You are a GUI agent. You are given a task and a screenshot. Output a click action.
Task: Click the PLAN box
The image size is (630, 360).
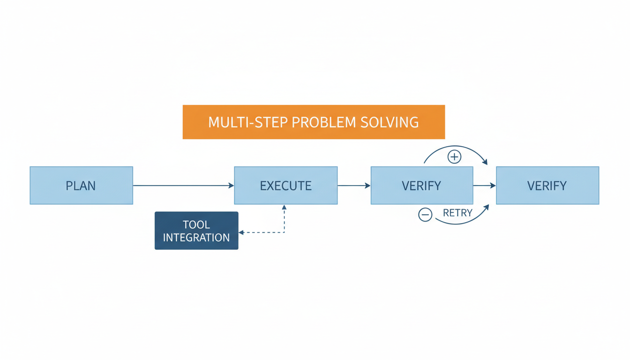point(81,186)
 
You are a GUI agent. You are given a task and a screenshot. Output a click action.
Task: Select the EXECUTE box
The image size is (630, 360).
point(285,186)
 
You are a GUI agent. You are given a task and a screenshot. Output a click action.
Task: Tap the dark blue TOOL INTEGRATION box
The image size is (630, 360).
point(196,231)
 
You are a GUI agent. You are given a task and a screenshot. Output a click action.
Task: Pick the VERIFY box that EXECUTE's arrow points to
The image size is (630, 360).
point(421,186)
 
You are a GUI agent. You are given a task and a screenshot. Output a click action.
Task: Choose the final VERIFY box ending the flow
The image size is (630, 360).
point(547,186)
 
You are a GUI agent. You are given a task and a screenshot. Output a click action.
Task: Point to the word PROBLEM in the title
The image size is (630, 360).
point(324,122)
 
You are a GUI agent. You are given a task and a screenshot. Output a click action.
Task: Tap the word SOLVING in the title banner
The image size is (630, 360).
point(390,122)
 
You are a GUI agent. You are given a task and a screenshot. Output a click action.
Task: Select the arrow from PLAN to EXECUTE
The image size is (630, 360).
point(183,186)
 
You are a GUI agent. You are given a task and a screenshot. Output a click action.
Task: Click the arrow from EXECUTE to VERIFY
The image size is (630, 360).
point(353,186)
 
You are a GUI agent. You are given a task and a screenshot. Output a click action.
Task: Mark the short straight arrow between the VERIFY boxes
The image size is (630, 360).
point(484,186)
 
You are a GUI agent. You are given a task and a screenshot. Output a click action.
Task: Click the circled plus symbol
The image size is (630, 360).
point(454,157)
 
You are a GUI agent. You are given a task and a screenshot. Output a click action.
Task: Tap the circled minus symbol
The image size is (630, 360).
point(425,215)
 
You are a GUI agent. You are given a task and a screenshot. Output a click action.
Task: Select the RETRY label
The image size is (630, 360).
point(457,213)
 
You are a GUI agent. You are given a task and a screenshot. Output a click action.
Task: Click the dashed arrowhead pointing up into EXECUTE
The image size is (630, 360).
point(284,207)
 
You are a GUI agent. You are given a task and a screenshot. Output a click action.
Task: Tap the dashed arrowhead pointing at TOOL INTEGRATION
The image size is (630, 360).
point(241,232)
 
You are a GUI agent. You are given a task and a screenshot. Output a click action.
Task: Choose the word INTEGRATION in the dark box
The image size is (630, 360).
point(196,238)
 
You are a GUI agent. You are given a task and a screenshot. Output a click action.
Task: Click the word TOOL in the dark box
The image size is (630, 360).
point(196,225)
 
